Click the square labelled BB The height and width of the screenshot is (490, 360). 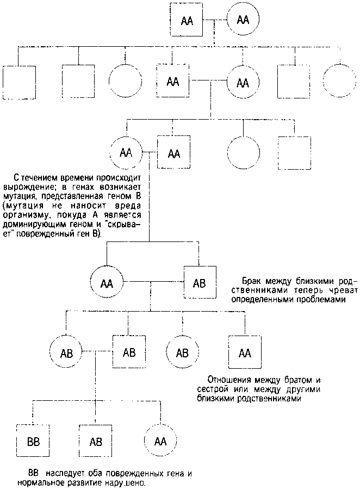tap(33, 440)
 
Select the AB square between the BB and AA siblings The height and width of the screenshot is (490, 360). tap(95, 440)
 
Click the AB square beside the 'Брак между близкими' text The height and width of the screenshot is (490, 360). tap(200, 283)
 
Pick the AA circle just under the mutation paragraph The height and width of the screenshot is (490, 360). tap(107, 283)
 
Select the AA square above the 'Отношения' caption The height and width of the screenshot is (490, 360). tap(245, 353)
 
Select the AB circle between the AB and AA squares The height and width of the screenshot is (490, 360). tap(183, 353)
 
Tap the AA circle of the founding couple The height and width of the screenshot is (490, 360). tap(243, 20)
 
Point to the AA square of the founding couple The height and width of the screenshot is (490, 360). tap(187, 20)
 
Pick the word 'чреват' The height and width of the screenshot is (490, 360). tap(341, 290)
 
